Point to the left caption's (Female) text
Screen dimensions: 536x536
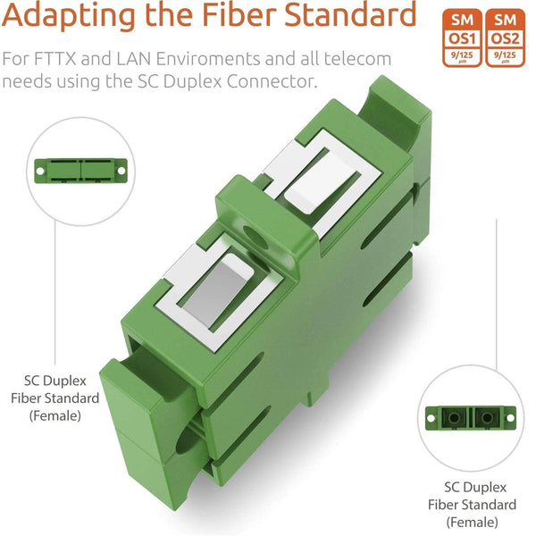point(55,415)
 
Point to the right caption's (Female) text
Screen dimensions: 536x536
point(474,522)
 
